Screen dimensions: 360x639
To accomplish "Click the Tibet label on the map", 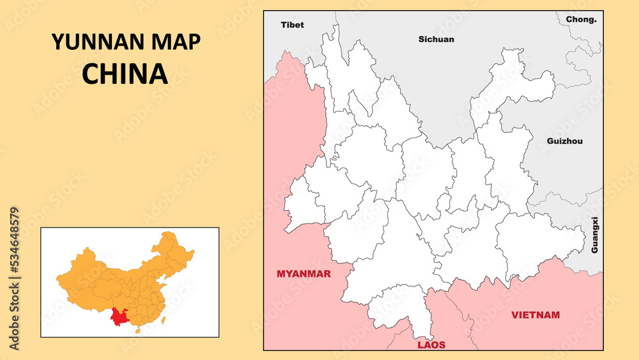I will pos(292,25).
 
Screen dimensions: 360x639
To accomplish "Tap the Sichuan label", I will pos(436,39).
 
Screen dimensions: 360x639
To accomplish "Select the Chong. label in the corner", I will pos(581,19).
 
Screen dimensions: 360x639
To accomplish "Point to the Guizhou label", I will pos(565,141).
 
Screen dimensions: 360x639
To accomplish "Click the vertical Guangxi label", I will pos(595,235).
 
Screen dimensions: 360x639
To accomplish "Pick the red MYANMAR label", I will pos(304,274).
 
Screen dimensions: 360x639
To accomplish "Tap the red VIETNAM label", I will pos(535,315).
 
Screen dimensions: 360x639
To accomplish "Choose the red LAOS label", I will pos(431,345).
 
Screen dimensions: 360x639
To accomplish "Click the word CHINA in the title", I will pos(125,74).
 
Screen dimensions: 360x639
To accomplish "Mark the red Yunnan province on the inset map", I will pos(118,317).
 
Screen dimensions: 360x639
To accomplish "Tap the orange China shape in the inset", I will pos(128,275).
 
